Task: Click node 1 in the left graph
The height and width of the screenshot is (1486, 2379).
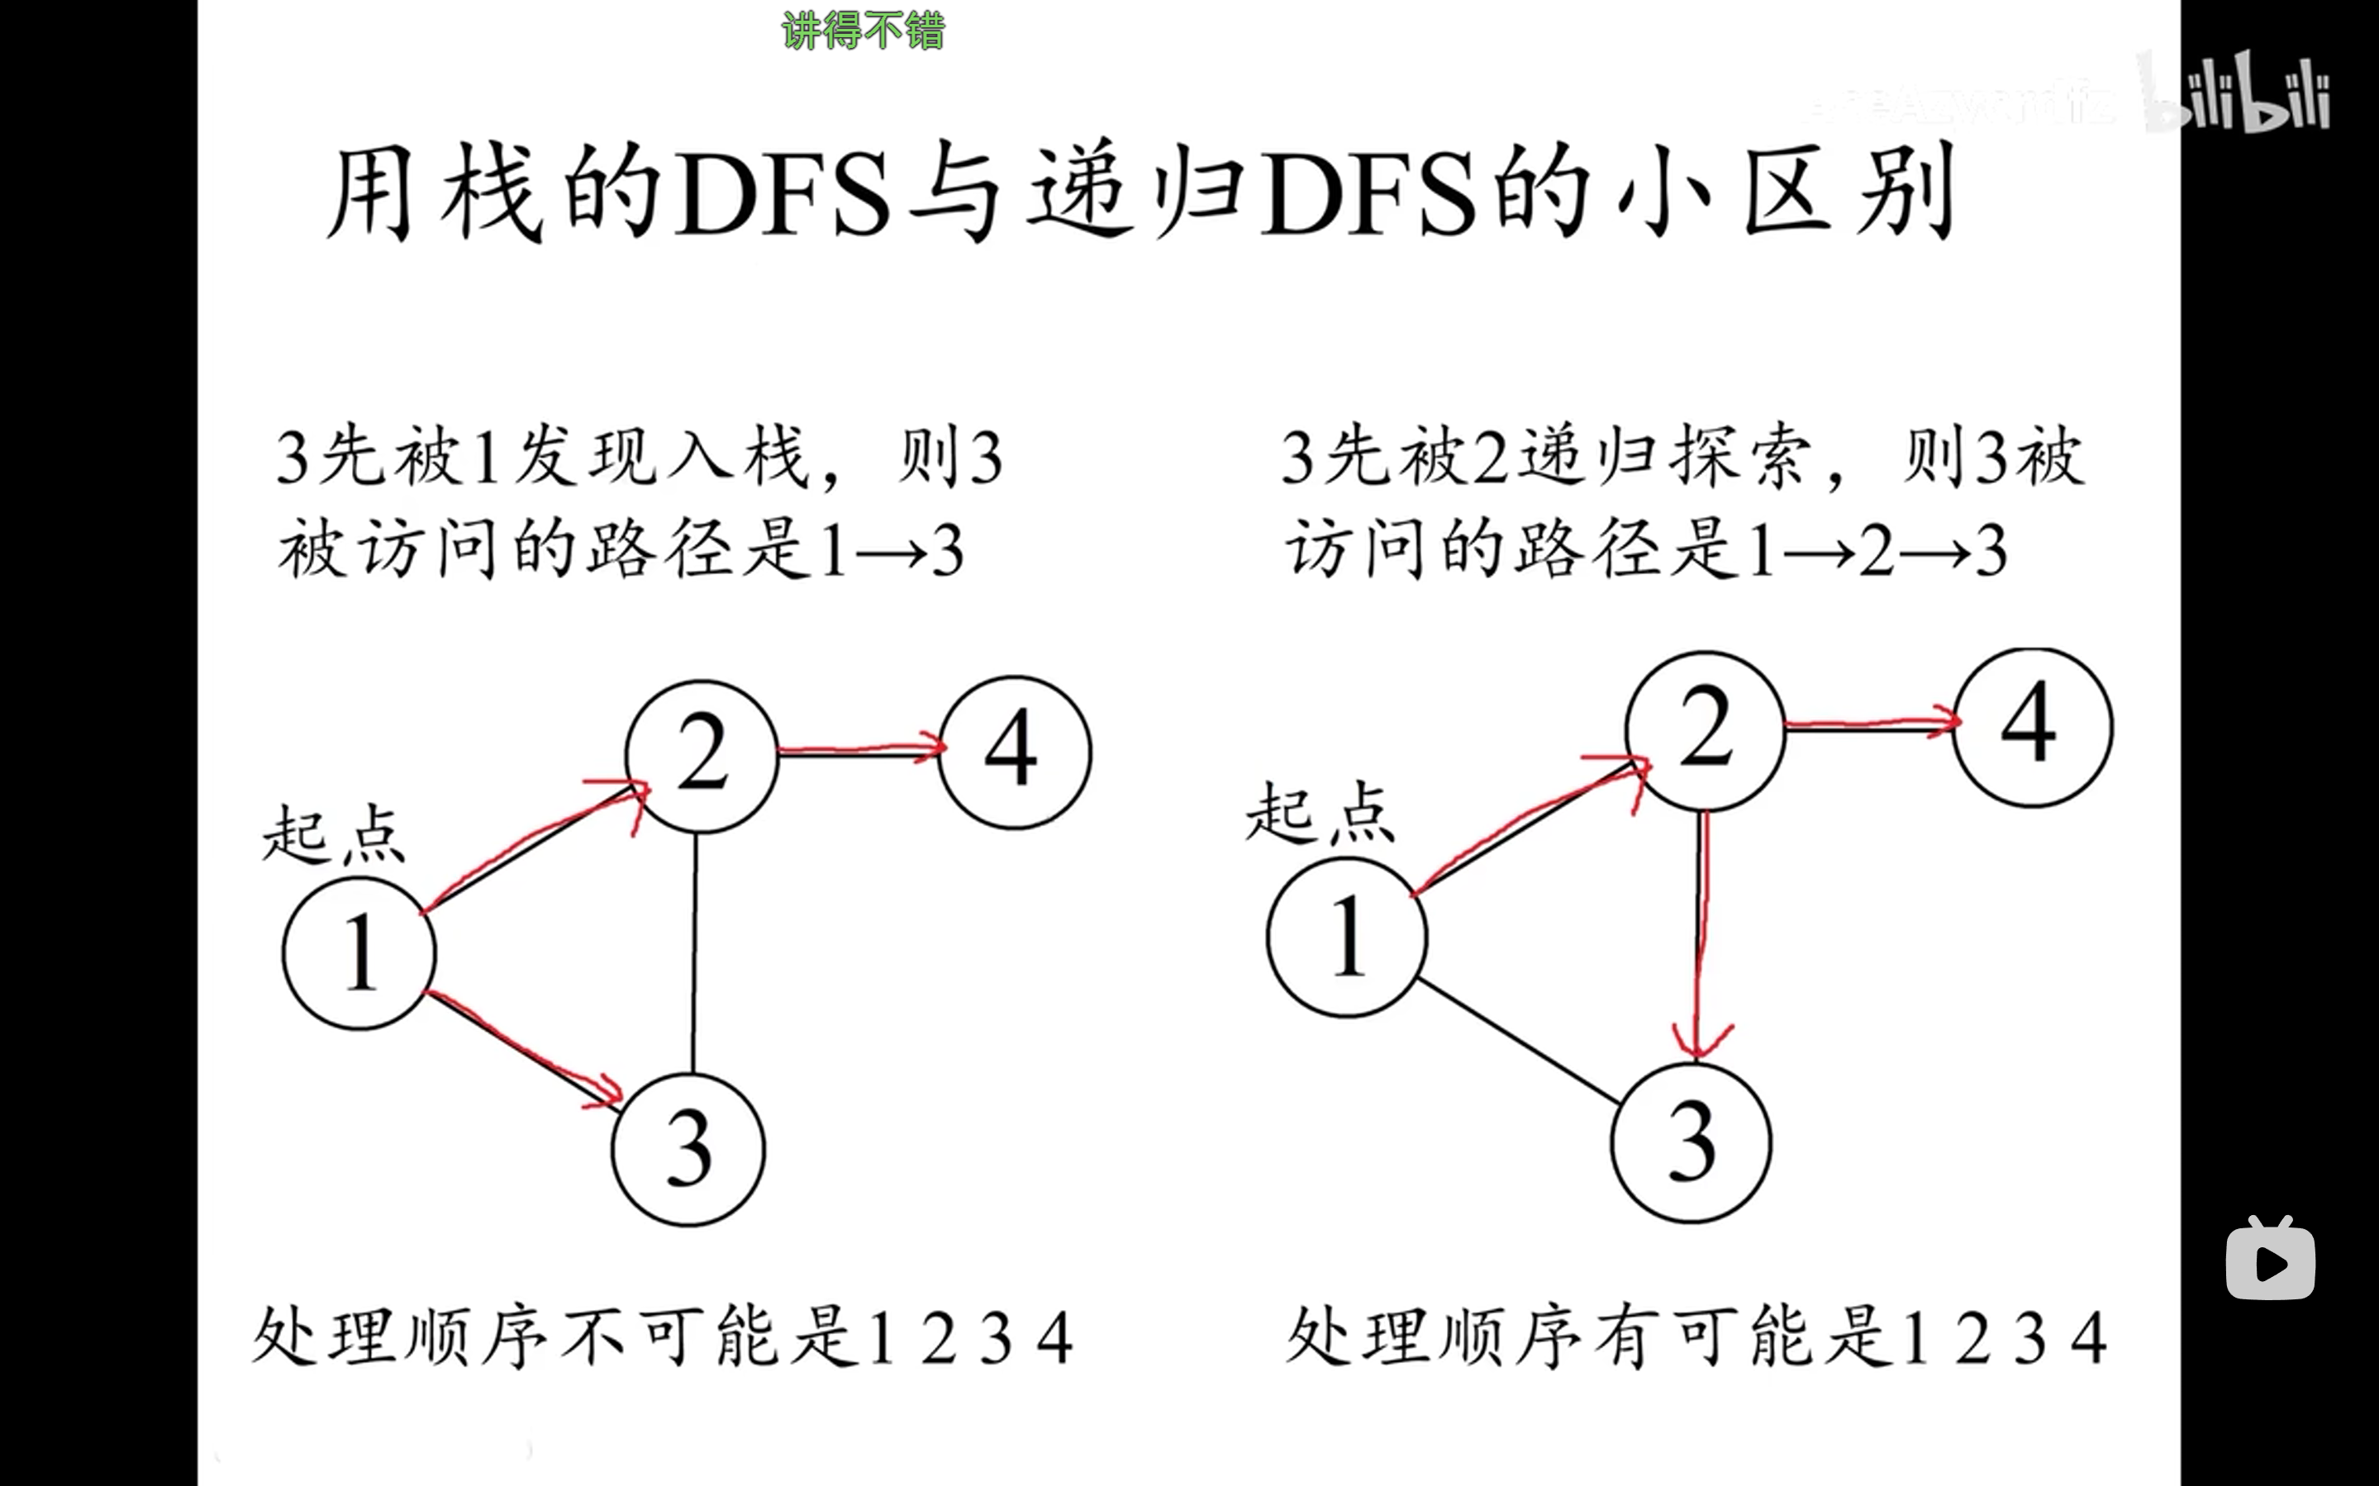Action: (x=359, y=952)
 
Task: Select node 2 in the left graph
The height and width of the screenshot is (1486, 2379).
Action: (x=702, y=756)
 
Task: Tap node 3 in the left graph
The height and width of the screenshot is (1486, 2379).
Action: (x=688, y=1149)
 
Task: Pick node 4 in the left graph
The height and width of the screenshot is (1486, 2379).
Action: (x=1015, y=752)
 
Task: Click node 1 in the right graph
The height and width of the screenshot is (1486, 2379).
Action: (x=1347, y=937)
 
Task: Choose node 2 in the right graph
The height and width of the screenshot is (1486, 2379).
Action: (x=1705, y=729)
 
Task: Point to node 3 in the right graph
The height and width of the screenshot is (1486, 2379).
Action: (x=1691, y=1142)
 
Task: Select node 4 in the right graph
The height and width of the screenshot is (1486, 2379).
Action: (x=2031, y=727)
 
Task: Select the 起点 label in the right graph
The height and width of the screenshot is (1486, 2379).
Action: (x=1320, y=814)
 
